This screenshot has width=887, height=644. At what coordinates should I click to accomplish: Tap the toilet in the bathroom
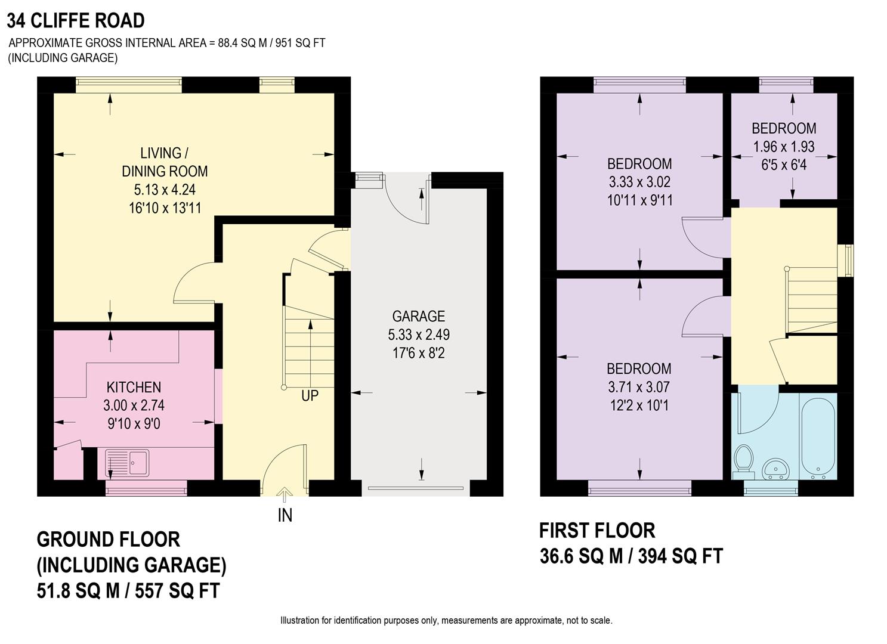[743, 459]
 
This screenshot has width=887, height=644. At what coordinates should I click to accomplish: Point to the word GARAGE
[418, 316]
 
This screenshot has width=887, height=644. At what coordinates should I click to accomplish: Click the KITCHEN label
[134, 387]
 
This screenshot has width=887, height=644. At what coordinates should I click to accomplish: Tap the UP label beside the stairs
[310, 395]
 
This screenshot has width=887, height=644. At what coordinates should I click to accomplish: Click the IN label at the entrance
[285, 515]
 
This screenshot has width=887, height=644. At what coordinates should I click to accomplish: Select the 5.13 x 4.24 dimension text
[165, 190]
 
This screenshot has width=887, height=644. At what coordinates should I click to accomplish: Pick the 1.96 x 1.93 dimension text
[784, 147]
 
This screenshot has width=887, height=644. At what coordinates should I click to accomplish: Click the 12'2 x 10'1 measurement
[639, 405]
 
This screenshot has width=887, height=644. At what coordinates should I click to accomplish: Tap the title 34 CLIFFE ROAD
[76, 21]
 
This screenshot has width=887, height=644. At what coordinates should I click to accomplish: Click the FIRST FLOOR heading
[597, 530]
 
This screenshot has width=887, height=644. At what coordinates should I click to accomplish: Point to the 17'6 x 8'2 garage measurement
[418, 354]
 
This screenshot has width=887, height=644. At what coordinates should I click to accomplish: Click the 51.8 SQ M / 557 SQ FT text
[128, 591]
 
